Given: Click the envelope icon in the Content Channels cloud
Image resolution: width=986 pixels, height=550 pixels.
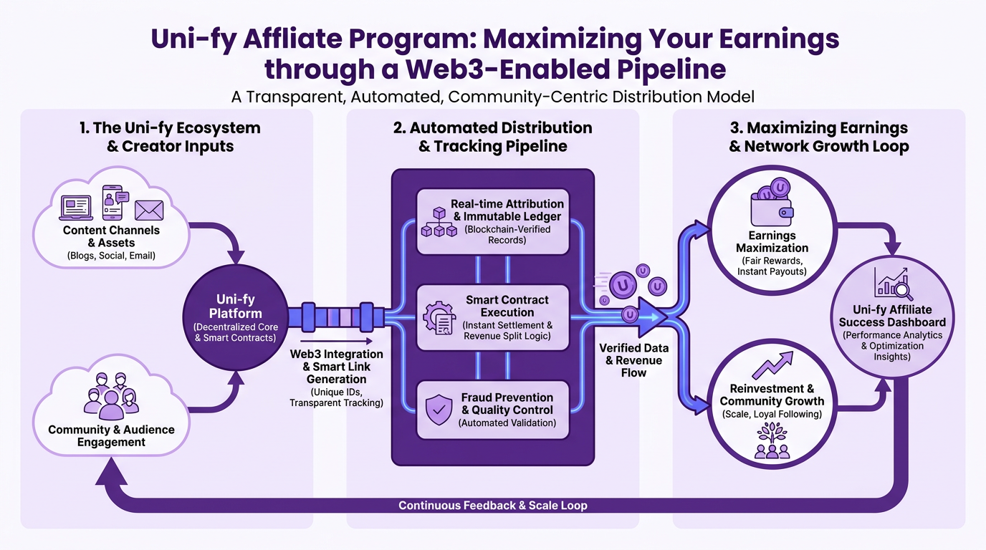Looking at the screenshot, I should tap(149, 210).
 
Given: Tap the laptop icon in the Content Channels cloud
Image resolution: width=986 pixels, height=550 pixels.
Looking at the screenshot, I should tap(76, 207).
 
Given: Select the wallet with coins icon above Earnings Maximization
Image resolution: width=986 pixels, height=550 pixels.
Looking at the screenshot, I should tap(772, 204).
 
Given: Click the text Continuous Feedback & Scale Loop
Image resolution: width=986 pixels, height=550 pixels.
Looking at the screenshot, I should tap(493, 506).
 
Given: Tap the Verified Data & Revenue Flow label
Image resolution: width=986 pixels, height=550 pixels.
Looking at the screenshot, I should tap(634, 360).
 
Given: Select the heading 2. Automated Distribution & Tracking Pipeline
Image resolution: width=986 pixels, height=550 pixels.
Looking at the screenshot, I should tap(493, 137).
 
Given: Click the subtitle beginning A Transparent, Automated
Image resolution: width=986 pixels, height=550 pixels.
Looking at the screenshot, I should tap(493, 95).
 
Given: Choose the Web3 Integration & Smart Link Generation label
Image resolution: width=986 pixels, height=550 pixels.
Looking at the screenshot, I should tap(337, 367).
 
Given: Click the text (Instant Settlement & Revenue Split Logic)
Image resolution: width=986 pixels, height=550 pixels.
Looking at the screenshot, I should tap(508, 331).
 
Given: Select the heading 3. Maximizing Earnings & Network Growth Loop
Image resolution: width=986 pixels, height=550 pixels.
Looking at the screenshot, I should tap(818, 137).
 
